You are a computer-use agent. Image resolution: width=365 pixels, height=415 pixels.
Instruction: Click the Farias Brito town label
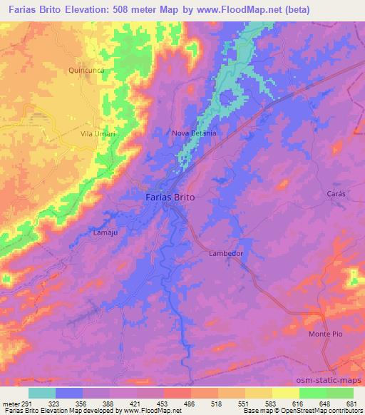point(164,197)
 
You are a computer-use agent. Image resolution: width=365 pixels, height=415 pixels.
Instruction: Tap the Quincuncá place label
point(88,70)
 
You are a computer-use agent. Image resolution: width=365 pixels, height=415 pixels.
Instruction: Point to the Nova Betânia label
point(193,133)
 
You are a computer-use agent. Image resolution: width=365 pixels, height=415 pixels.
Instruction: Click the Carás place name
point(315,194)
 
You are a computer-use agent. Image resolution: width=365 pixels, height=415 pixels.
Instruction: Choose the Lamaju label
point(105,232)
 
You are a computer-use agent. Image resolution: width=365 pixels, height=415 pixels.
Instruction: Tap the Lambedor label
point(226,253)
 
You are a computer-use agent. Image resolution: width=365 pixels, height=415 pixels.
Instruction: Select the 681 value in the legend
point(352,404)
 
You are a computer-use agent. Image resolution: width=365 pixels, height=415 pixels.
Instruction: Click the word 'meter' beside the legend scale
point(9,404)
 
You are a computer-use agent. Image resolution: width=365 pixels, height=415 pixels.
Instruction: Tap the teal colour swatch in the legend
point(42,393)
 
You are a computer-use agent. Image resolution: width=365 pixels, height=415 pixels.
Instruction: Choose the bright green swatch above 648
point(312,393)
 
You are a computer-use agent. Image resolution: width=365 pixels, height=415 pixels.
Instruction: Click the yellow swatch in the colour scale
point(285,393)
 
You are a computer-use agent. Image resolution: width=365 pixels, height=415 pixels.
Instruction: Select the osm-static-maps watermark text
point(331,380)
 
